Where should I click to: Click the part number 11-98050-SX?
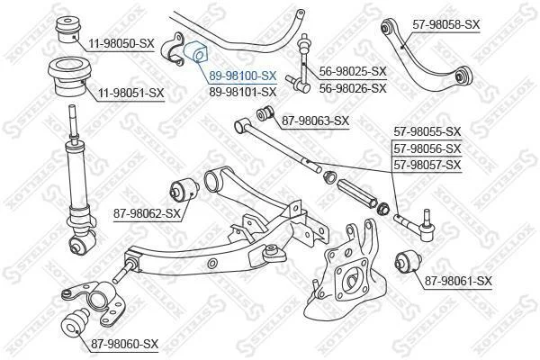click(x=121, y=44)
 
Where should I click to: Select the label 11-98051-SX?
click(x=131, y=94)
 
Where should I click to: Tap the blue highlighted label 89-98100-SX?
click(x=243, y=76)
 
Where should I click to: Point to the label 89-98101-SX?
click(x=243, y=92)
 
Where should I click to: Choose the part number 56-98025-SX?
click(x=353, y=72)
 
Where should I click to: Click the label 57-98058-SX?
click(x=446, y=24)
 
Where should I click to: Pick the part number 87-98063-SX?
click(x=316, y=121)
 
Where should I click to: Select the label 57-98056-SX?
click(x=427, y=148)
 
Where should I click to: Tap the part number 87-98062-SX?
click(x=147, y=213)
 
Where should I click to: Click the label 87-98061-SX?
click(x=458, y=282)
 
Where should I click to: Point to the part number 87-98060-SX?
click(x=125, y=344)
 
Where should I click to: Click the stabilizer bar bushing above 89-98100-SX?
click(x=195, y=51)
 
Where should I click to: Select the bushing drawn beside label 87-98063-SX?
click(x=265, y=113)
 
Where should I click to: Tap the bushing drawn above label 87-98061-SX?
click(x=408, y=262)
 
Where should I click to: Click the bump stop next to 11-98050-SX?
click(x=69, y=30)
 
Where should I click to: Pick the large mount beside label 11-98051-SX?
click(x=69, y=77)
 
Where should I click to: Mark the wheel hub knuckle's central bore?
click(x=352, y=279)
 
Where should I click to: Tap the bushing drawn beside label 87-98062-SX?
click(x=184, y=188)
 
